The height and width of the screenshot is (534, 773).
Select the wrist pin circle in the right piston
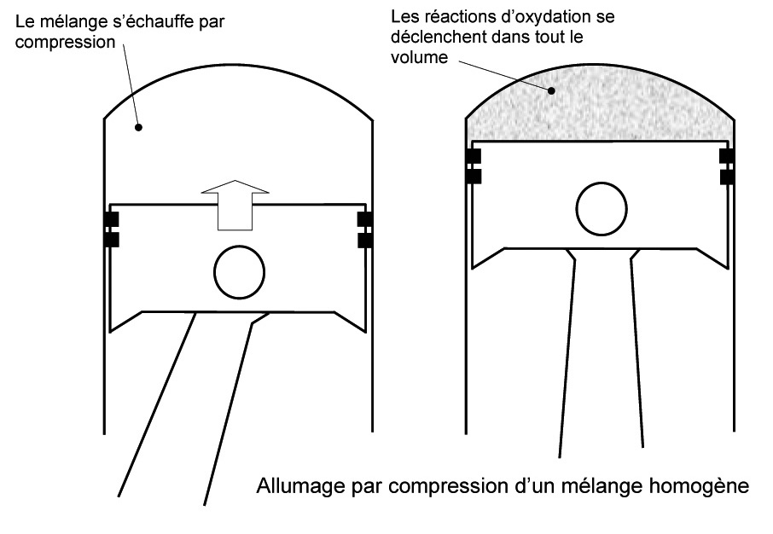[x=602, y=207]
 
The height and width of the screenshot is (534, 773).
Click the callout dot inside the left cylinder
[x=140, y=127]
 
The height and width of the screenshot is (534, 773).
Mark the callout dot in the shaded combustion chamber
[x=553, y=90]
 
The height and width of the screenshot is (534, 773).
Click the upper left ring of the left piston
[x=110, y=220]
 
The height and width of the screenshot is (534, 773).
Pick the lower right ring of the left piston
[x=365, y=241]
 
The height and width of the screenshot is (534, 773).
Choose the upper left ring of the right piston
[x=472, y=156]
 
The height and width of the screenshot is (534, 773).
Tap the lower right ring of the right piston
[x=727, y=177]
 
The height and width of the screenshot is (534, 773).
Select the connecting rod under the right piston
[x=602, y=358]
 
